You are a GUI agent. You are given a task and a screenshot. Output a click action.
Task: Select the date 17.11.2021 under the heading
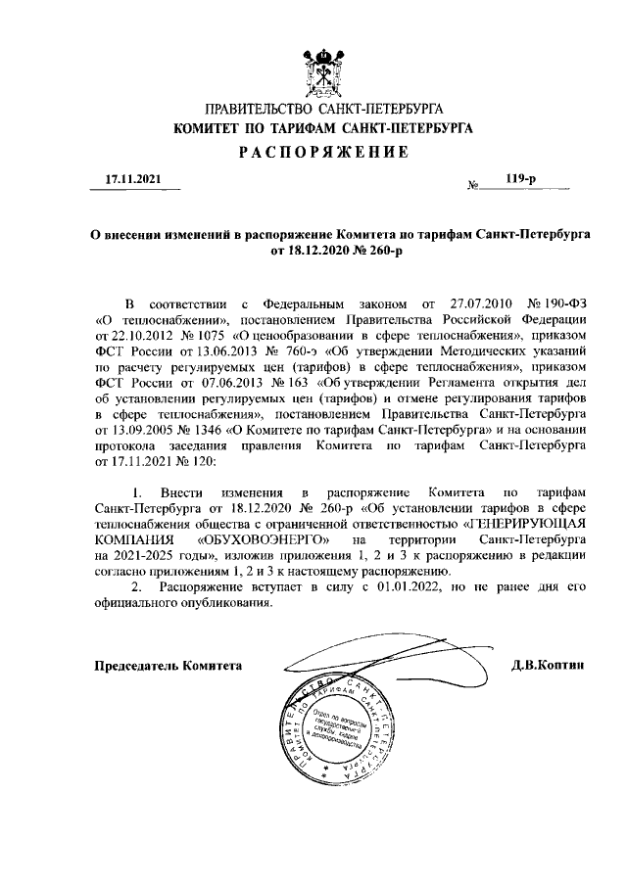coord(130,179)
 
